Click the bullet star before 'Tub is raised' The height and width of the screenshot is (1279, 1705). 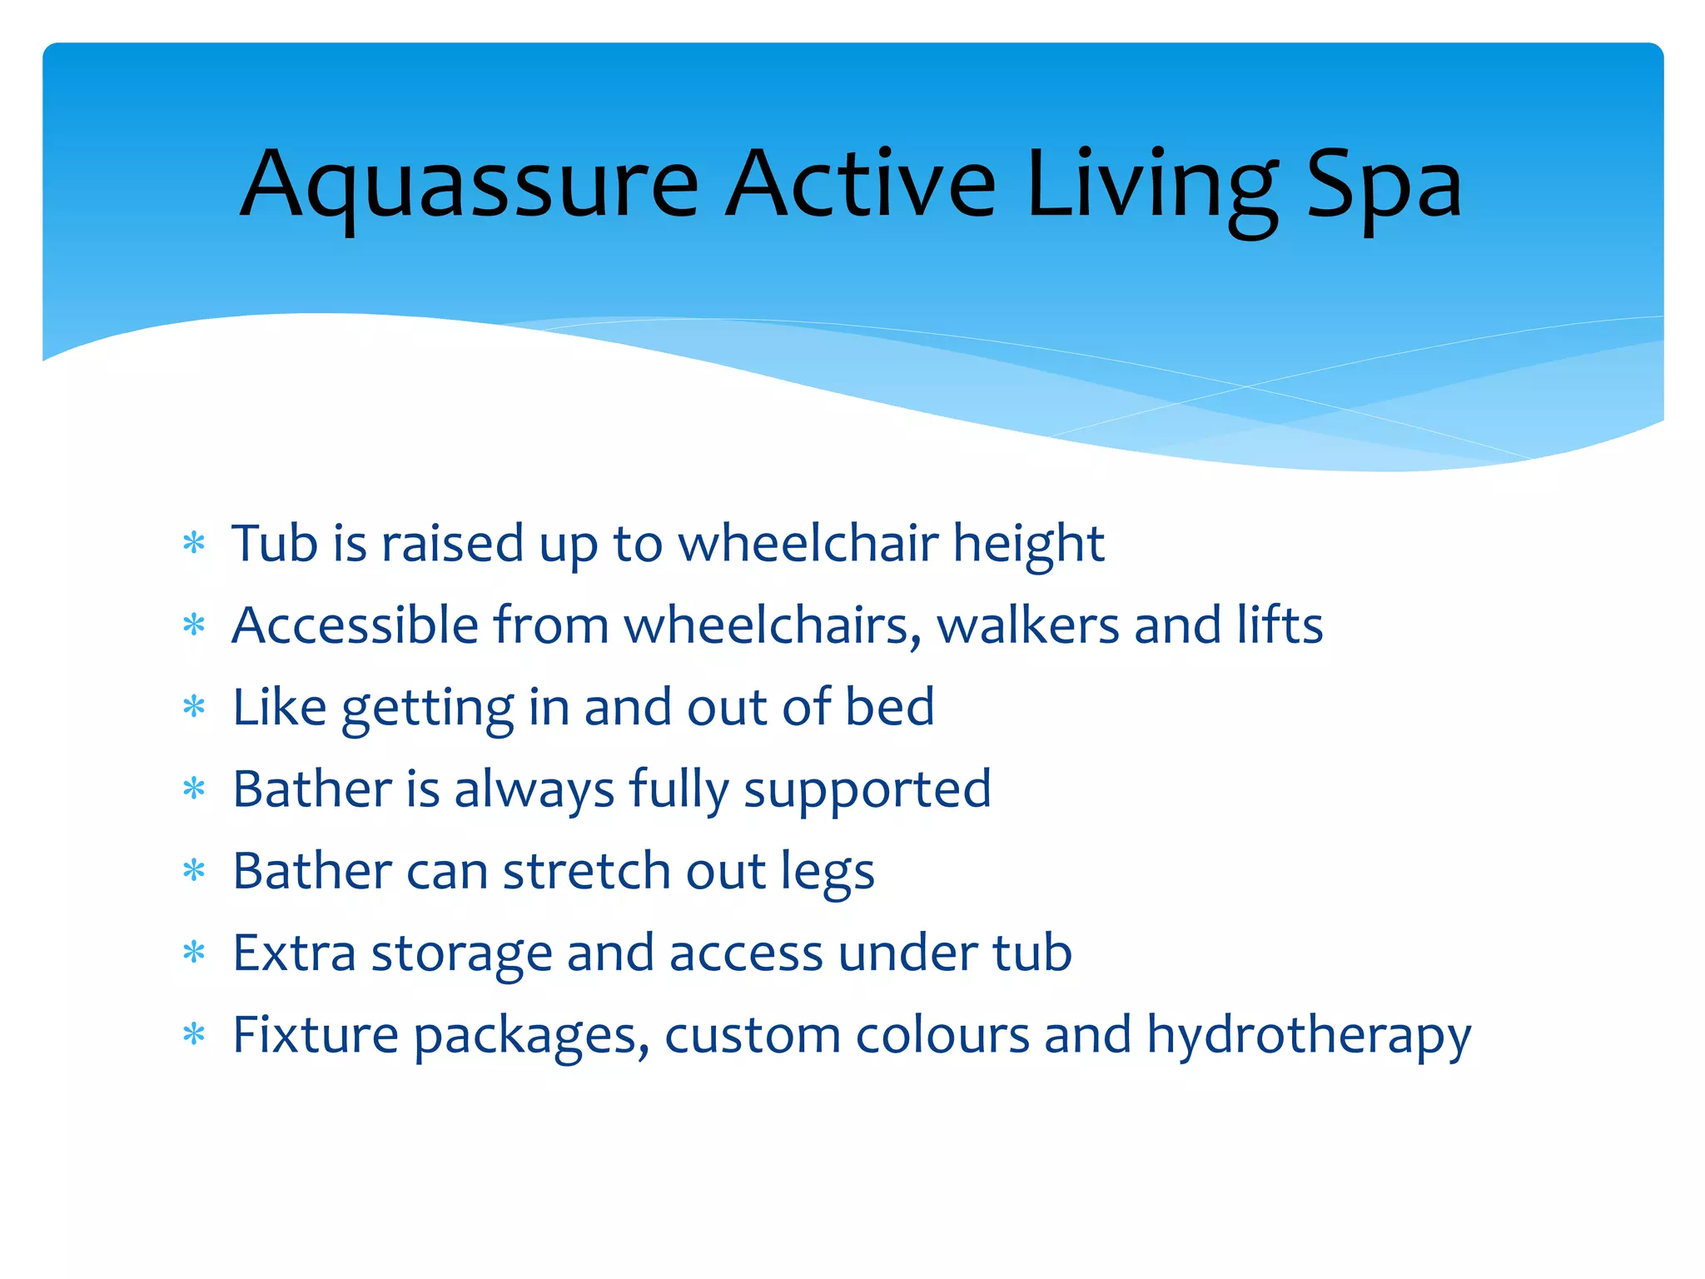click(x=194, y=544)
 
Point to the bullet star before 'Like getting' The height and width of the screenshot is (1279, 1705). click(x=194, y=707)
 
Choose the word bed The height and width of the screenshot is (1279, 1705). click(x=889, y=707)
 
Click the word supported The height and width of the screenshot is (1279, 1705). click(x=867, y=789)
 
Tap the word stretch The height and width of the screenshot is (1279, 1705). click(x=586, y=871)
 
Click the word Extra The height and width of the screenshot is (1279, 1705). click(x=294, y=953)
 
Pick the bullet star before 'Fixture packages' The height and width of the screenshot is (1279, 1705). click(x=194, y=1035)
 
